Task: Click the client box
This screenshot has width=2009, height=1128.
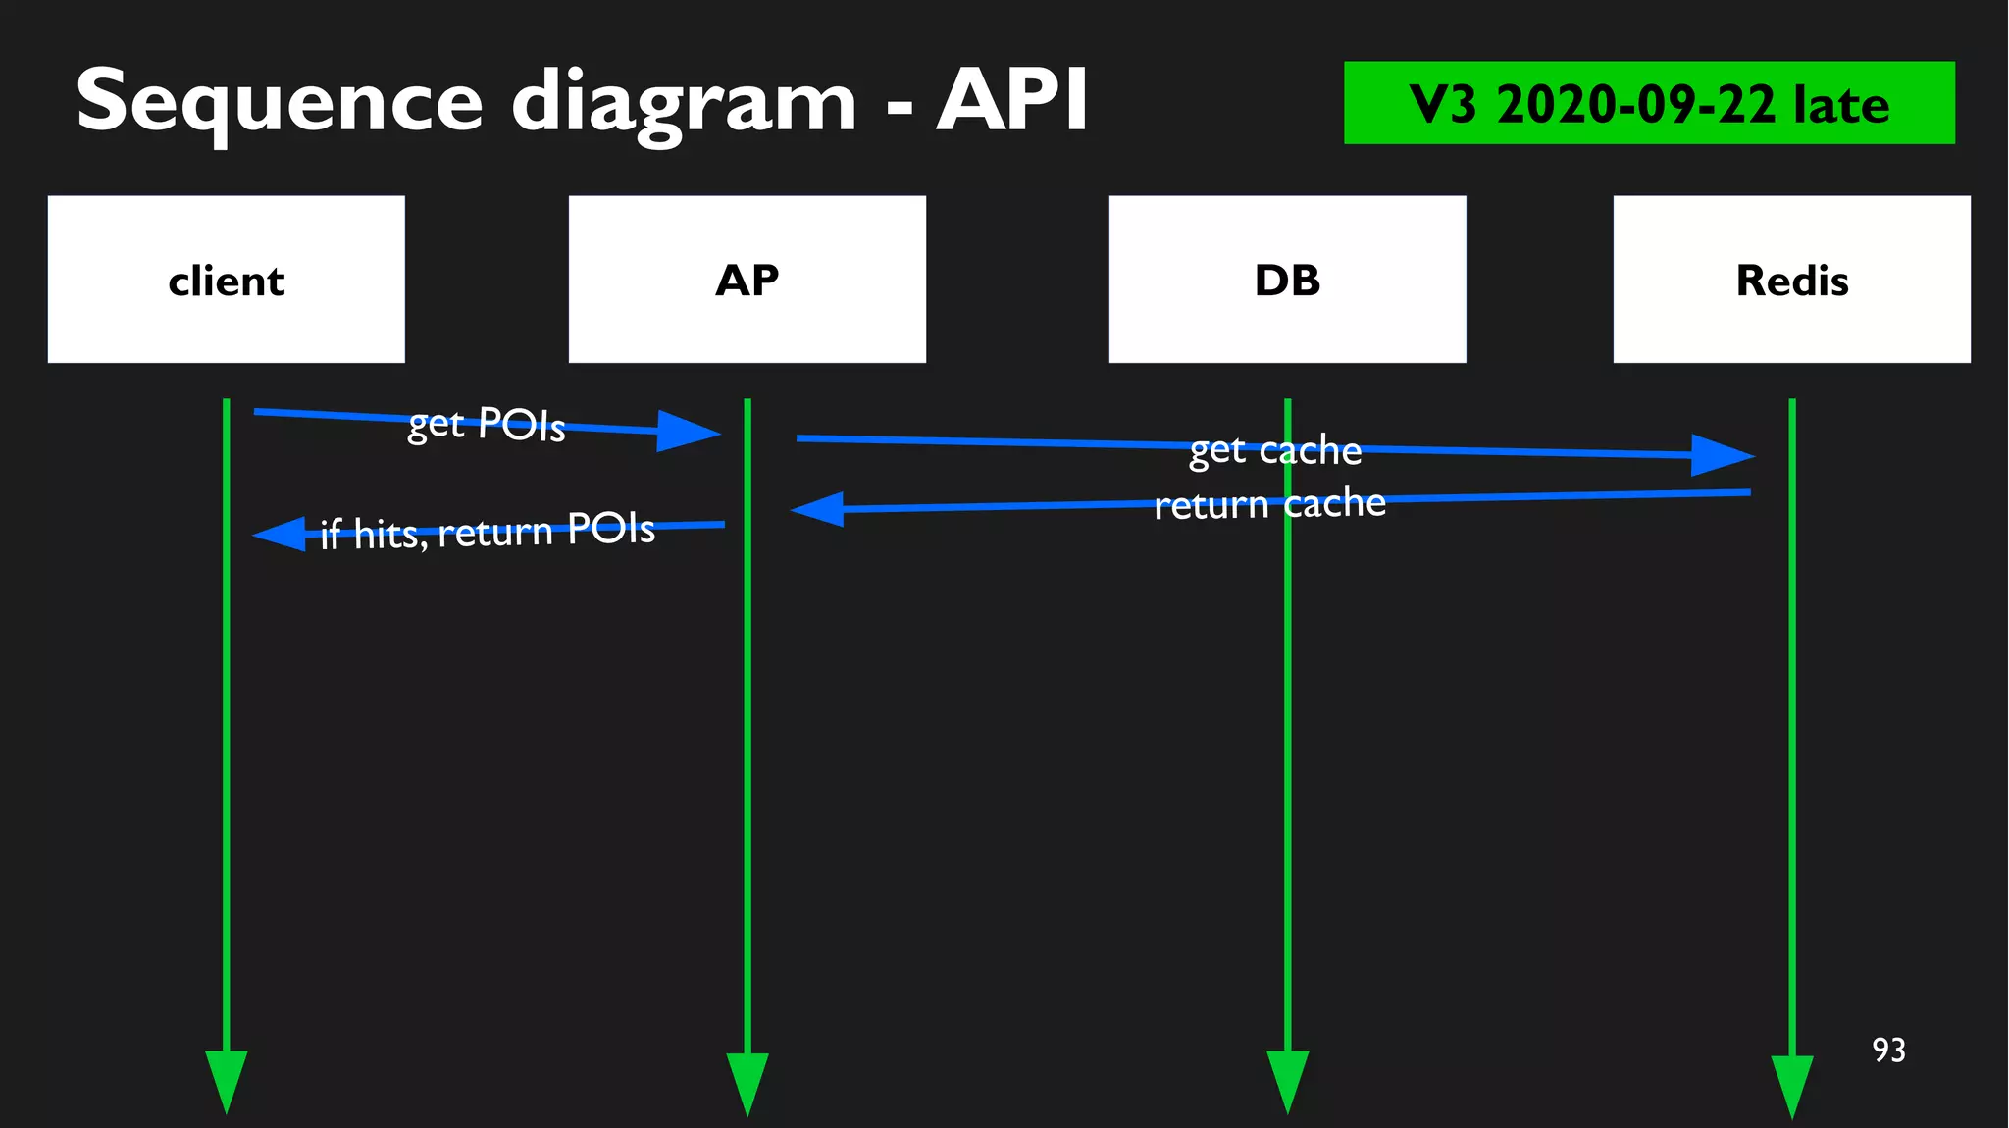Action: point(226,280)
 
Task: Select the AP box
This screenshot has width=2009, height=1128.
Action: point(747,280)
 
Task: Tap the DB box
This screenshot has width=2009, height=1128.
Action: point(1287,280)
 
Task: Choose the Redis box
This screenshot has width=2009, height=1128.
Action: point(1791,280)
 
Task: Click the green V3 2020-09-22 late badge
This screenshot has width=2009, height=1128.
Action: point(1648,103)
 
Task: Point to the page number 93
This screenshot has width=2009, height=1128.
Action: point(1888,1050)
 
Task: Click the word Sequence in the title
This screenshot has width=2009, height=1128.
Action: point(280,101)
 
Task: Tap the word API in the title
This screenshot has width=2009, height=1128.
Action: point(1012,101)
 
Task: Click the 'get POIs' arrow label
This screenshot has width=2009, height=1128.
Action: point(487,424)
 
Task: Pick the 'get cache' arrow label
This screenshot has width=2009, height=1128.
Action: point(1275,449)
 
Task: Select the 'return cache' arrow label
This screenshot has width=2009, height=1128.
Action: point(1269,504)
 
